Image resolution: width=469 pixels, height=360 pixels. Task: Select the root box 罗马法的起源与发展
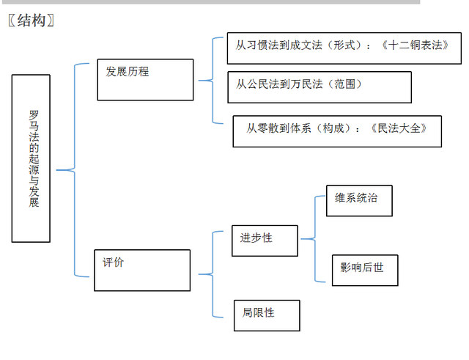(32, 158)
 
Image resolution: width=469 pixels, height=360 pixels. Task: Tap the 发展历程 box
(145, 80)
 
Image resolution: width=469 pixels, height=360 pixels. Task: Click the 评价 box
(142, 270)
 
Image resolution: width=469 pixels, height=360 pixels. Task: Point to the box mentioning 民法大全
(337, 131)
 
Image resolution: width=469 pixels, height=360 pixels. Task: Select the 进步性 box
(265, 240)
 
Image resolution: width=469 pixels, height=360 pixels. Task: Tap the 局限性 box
(267, 315)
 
